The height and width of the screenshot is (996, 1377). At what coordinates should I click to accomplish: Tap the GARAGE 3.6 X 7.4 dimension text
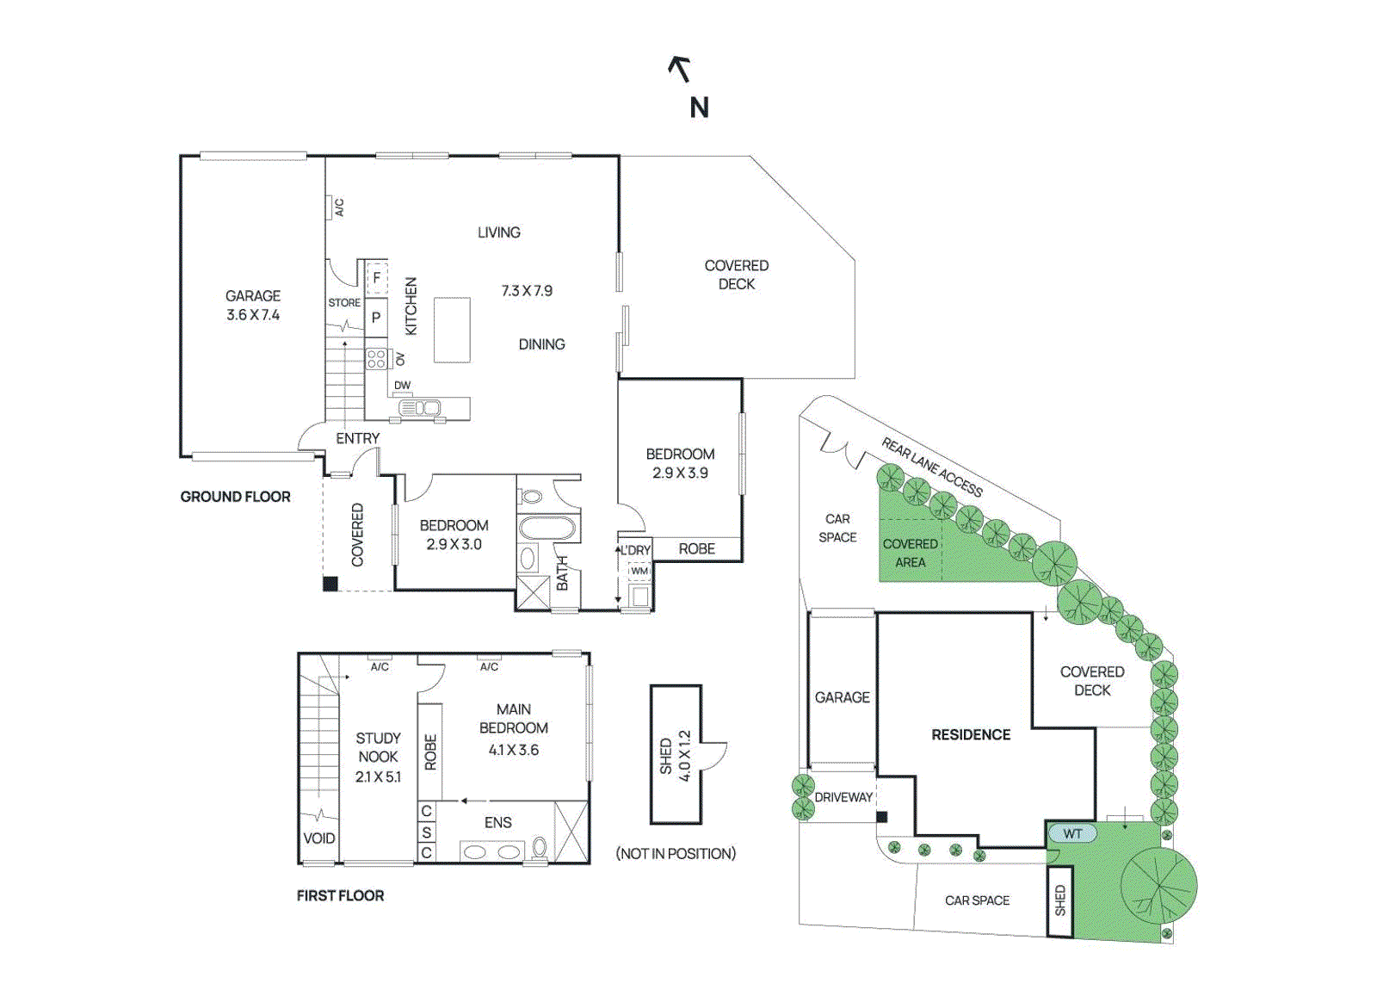(x=253, y=315)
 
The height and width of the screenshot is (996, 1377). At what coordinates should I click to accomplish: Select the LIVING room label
(x=499, y=232)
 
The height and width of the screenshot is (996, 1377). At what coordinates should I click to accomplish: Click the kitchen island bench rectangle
(x=452, y=330)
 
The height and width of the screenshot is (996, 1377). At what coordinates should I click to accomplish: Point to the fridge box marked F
(x=376, y=278)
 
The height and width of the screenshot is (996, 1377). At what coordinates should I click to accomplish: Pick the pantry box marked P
(x=376, y=318)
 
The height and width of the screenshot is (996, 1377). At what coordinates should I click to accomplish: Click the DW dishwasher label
(x=402, y=385)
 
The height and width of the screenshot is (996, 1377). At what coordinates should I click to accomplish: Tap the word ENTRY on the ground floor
(x=357, y=438)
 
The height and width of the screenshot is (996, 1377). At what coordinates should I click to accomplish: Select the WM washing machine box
(x=639, y=571)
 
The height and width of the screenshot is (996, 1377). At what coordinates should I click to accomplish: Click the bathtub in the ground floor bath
(x=546, y=528)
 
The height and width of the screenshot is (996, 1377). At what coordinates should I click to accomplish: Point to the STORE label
(x=344, y=303)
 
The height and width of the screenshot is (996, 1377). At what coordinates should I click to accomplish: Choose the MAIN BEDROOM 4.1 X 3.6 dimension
(x=514, y=750)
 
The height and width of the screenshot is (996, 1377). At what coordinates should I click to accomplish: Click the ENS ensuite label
(x=498, y=823)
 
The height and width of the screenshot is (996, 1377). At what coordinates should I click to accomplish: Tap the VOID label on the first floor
(x=319, y=838)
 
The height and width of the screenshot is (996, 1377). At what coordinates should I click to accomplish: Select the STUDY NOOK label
(x=378, y=747)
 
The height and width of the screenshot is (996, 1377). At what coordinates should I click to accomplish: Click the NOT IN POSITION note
(x=676, y=854)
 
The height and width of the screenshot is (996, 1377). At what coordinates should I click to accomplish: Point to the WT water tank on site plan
(x=1071, y=833)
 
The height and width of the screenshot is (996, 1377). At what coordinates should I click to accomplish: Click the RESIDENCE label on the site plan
(x=971, y=734)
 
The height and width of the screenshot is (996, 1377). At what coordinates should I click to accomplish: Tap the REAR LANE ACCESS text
(x=932, y=467)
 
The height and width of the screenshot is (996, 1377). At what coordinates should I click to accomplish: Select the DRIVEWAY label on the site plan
(x=843, y=797)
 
